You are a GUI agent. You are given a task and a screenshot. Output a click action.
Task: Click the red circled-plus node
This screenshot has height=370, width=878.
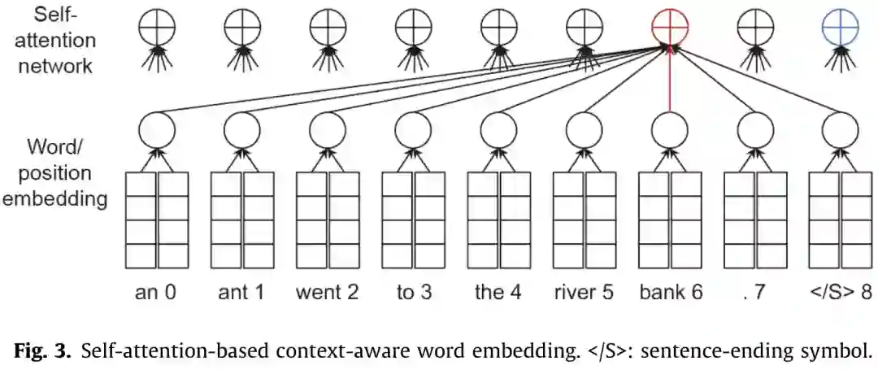[670, 29]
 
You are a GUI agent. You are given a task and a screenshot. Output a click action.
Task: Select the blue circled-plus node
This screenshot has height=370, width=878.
[841, 29]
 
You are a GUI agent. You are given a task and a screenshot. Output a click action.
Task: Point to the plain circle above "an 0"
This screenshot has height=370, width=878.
[156, 128]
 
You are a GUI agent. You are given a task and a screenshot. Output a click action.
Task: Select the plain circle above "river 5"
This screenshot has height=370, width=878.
[585, 128]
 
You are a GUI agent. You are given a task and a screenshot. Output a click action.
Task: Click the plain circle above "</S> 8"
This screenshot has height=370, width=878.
[841, 128]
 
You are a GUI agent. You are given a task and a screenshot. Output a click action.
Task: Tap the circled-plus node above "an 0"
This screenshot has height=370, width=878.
[156, 29]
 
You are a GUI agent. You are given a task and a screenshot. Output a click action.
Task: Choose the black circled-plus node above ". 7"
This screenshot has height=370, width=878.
[755, 29]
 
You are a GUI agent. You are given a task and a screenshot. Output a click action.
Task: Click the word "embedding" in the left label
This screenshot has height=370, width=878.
[54, 198]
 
